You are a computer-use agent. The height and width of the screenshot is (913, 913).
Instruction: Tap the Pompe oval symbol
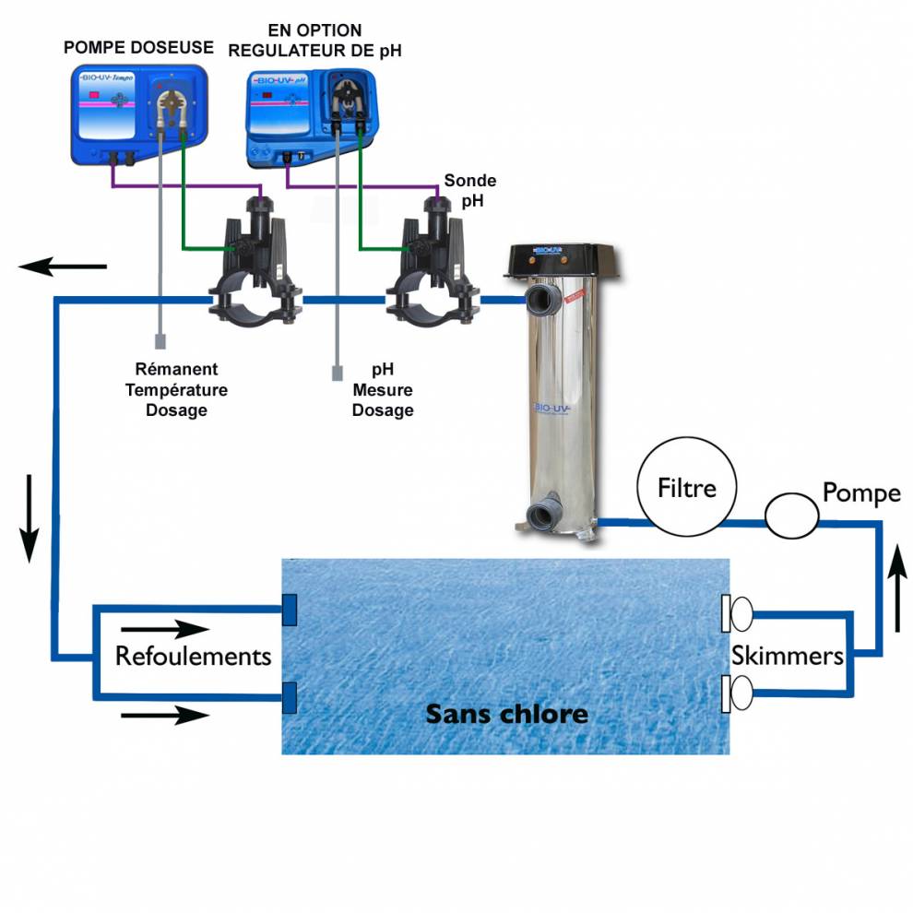tap(791, 515)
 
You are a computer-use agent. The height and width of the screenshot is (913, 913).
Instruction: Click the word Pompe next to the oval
tap(861, 492)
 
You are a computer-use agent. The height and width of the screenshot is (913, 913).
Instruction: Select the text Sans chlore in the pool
tap(505, 713)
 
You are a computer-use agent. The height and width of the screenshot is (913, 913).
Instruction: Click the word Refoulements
tap(193, 656)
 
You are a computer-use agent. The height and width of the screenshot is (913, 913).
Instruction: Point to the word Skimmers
tap(788, 656)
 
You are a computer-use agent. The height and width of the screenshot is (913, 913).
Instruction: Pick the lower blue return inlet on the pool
tap(289, 696)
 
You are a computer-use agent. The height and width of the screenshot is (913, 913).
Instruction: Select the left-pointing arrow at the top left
tap(63, 267)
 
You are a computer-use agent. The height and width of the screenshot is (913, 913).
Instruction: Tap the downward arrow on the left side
tap(30, 517)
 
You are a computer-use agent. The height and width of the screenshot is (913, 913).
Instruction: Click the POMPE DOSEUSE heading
tap(138, 47)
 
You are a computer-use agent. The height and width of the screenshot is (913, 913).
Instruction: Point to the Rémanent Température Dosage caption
tap(176, 389)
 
